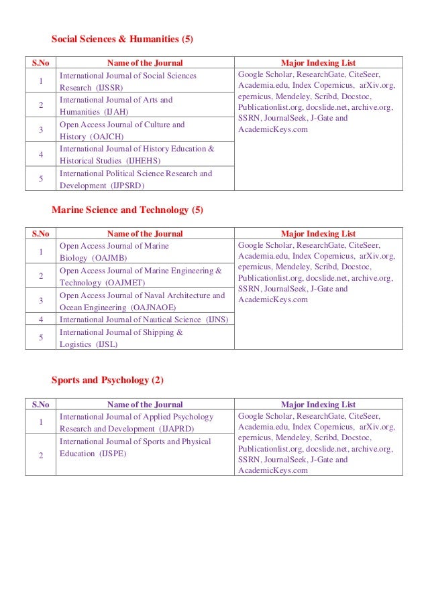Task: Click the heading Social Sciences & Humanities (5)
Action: [123, 39]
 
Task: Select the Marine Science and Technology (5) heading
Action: [127, 210]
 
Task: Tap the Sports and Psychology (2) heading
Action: [107, 381]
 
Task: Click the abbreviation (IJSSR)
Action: [110, 88]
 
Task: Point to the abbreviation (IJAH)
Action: [115, 112]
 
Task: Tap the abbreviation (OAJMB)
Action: [113, 258]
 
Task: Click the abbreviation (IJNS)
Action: [217, 320]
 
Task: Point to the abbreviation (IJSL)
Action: [107, 344]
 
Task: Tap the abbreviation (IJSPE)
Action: [114, 454]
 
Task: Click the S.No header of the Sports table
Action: [40, 405]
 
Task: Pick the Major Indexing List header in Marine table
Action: [318, 234]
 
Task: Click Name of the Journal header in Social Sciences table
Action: [145, 64]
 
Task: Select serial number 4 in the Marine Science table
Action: [41, 320]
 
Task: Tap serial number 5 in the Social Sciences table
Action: [41, 179]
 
